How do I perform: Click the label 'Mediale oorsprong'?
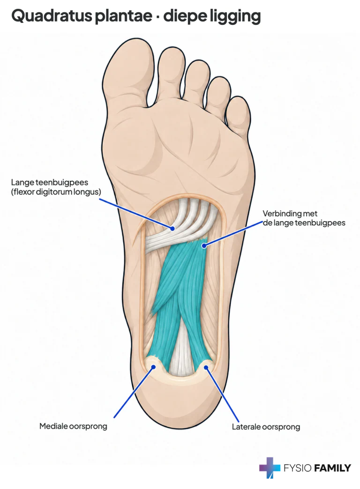point(73,426)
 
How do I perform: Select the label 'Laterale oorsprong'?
point(266,427)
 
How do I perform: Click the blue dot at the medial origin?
point(153,367)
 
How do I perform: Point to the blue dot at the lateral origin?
point(206,367)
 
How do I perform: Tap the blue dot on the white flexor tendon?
point(172,229)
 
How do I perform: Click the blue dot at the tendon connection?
point(204,246)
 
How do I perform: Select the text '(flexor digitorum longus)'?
point(56,192)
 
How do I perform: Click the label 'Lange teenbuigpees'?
point(50,182)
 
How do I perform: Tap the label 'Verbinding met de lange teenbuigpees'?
point(304,218)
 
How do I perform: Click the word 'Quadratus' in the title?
point(52,16)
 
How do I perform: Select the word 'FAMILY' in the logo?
point(332,468)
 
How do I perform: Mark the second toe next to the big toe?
point(170,75)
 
